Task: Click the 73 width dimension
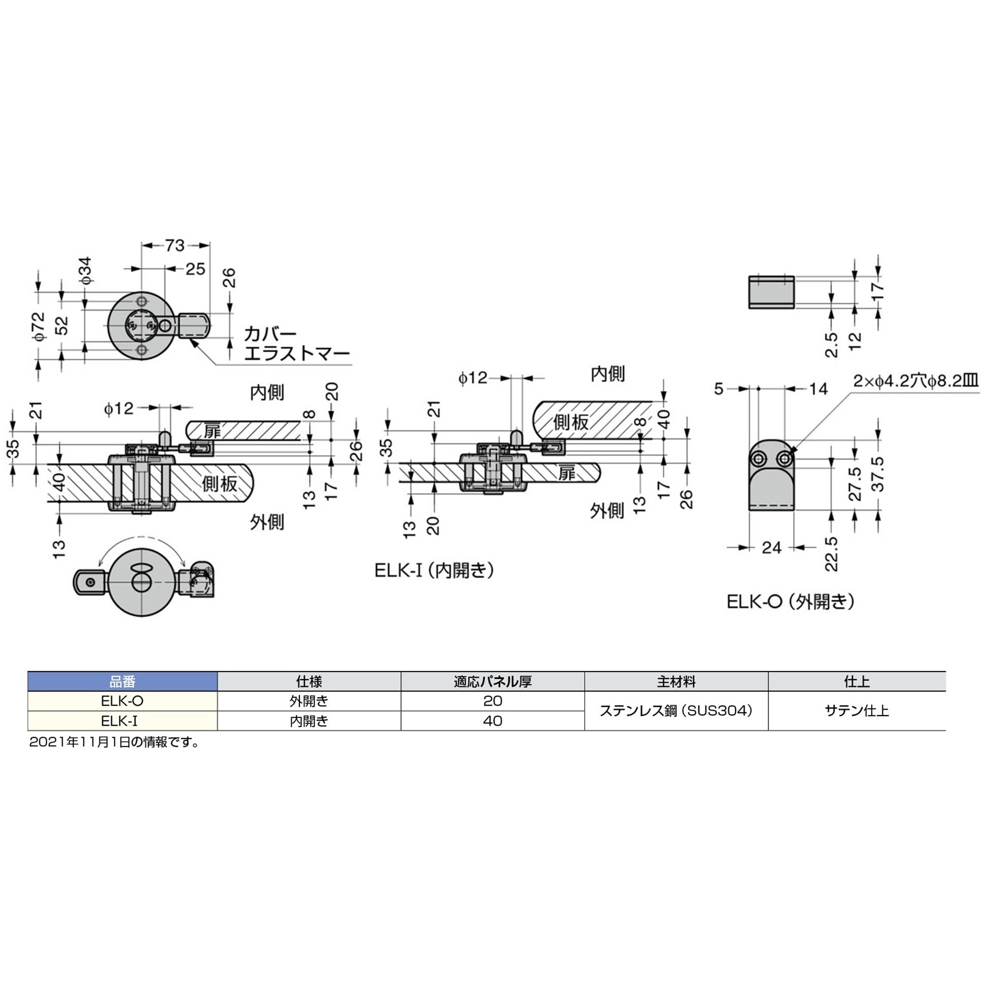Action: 174,245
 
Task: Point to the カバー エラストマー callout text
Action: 296,344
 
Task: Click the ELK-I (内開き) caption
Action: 434,570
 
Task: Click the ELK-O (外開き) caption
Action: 790,602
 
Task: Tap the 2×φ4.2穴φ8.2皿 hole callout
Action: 916,381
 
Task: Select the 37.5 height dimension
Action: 878,474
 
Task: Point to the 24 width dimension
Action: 771,547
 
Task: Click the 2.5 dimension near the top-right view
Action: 831,345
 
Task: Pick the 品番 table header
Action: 122,682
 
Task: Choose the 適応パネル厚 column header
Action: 492,682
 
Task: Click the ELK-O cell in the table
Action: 122,701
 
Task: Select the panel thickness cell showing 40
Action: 492,721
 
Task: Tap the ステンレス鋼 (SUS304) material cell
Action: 676,711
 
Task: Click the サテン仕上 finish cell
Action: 856,711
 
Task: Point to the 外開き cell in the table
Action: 309,701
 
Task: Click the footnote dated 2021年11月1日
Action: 114,743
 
